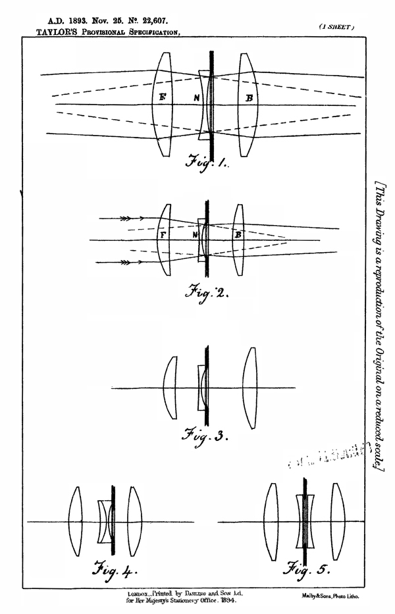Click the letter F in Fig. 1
coord(163,97)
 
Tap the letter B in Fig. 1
coord(249,98)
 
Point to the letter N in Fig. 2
coord(194,234)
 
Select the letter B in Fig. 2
coord(238,234)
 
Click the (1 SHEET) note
coord(336,26)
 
